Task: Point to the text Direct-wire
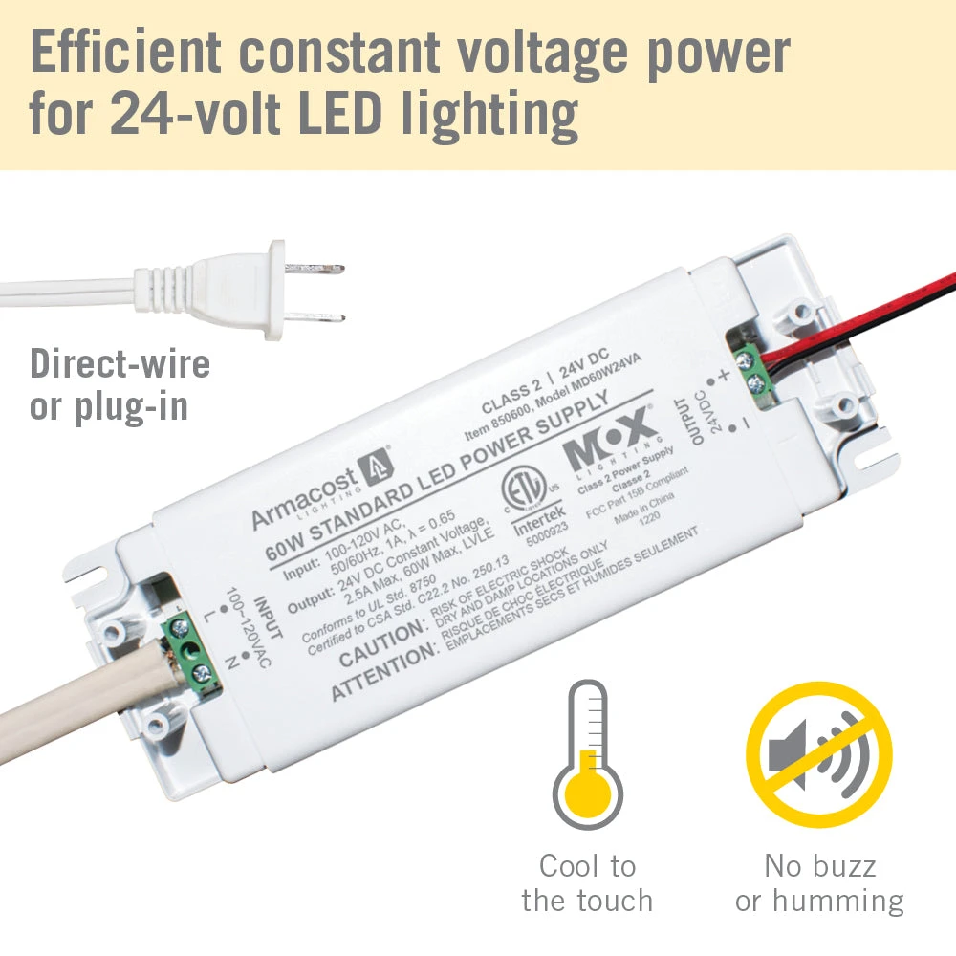tap(119, 363)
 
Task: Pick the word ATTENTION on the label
tap(382, 672)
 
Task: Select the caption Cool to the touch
tap(587, 883)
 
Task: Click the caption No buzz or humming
tap(819, 883)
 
